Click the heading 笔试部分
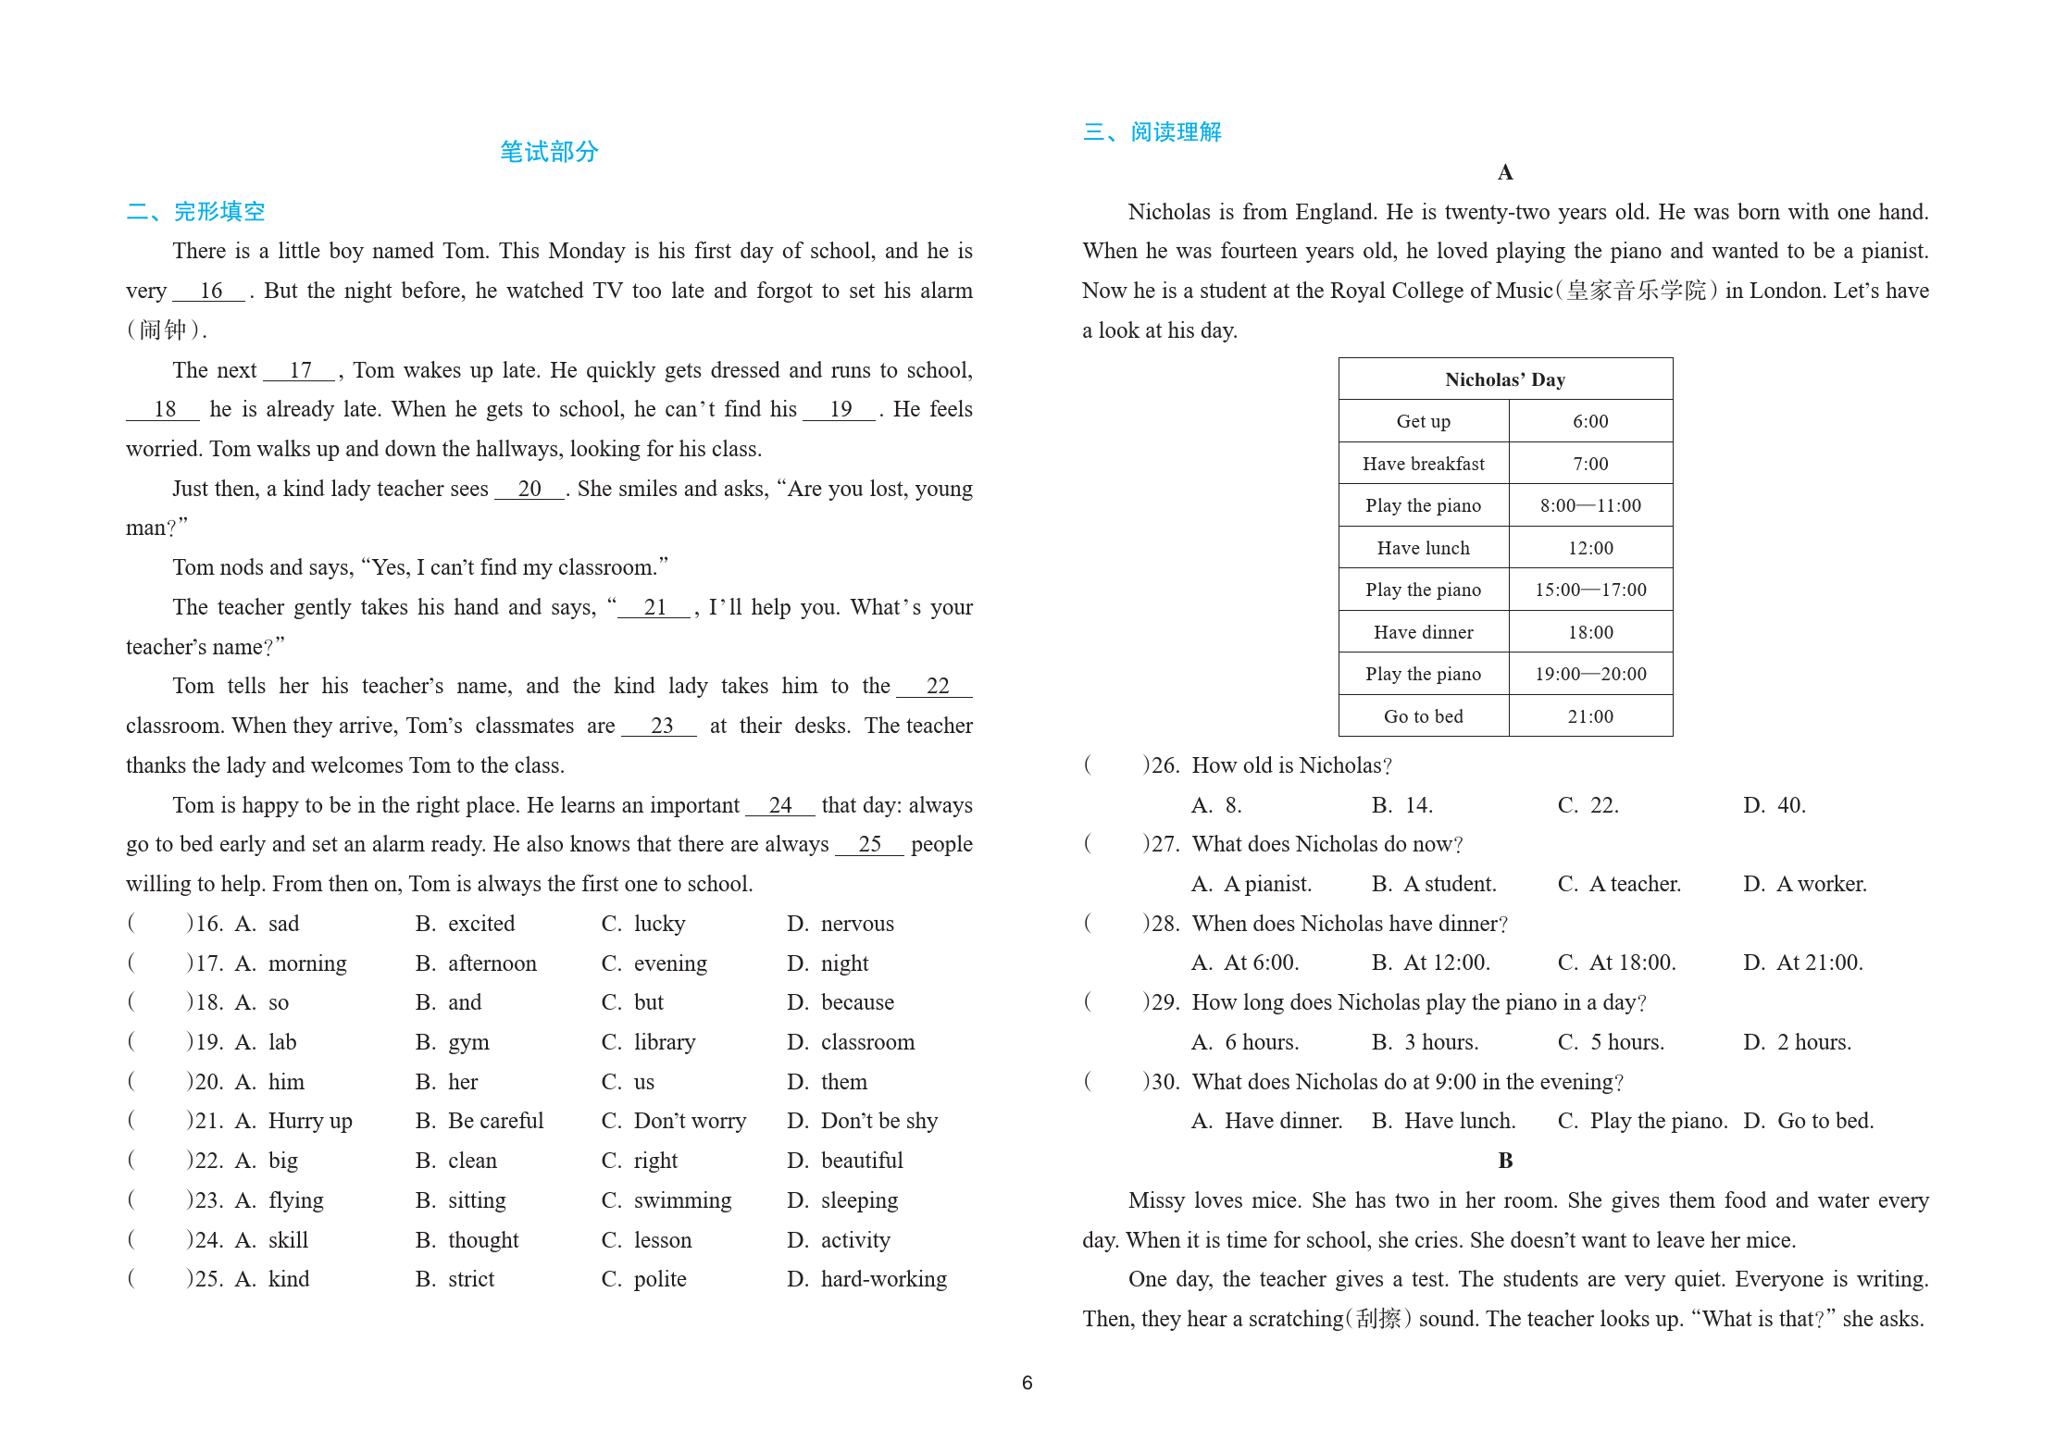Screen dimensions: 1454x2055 point(549,152)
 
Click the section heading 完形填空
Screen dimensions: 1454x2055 point(218,212)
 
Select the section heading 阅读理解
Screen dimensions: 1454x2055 point(1175,132)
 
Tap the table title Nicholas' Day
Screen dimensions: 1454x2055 point(1504,379)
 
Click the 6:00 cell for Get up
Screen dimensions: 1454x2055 point(1589,422)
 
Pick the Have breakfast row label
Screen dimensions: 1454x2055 point(1423,464)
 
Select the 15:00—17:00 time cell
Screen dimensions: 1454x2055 point(1589,590)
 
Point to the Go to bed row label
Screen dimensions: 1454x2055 point(1423,716)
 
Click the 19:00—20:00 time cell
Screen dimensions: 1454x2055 point(1589,675)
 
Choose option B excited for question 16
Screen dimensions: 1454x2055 point(480,924)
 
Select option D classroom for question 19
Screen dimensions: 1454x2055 point(866,1042)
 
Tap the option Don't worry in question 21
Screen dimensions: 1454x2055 point(689,1121)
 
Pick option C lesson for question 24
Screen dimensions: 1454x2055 point(662,1240)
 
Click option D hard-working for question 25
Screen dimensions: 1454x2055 point(882,1279)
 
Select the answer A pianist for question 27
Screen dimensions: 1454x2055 point(1266,884)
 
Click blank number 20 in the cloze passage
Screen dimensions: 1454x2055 point(529,489)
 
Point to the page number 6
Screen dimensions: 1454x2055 point(1027,1383)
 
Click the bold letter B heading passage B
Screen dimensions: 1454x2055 point(1505,1161)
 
